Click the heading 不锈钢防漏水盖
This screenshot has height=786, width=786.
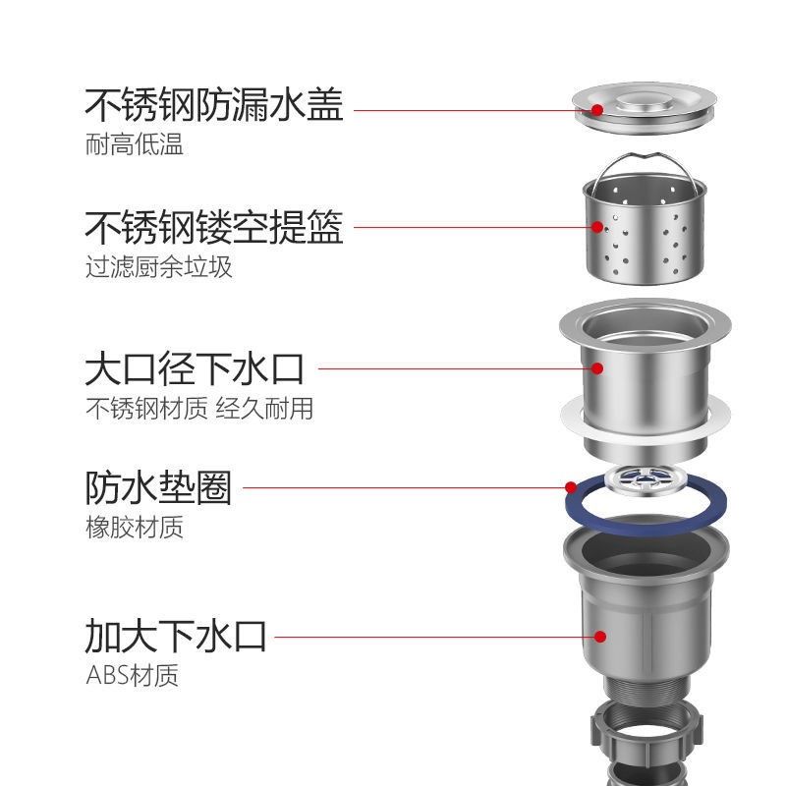(214, 104)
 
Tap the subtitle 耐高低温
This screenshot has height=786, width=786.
(135, 145)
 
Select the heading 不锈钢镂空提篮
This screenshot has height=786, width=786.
(214, 228)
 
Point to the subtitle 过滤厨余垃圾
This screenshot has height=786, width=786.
(159, 267)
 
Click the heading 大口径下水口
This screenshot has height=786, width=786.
(195, 369)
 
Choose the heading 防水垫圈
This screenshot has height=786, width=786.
(158, 486)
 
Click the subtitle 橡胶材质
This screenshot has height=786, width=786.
(135, 528)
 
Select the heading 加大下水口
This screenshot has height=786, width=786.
(176, 636)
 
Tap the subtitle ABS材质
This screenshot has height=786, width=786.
(133, 676)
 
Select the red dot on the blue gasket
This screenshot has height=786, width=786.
(570, 486)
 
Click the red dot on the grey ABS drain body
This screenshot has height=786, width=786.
(600, 636)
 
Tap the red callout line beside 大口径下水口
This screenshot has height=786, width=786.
(452, 369)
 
